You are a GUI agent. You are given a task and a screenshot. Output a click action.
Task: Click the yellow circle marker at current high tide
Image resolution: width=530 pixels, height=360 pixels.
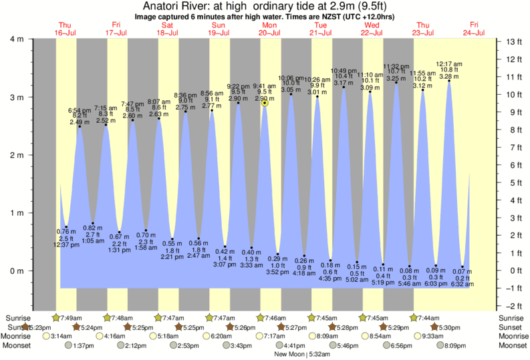[265, 103]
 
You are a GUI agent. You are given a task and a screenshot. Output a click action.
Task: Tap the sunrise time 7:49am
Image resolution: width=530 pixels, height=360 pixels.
[70, 317]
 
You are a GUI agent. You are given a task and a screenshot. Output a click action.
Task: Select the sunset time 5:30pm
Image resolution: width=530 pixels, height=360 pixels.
[447, 327]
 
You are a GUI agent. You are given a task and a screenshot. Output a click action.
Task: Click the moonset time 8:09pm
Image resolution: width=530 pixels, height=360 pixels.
[454, 346]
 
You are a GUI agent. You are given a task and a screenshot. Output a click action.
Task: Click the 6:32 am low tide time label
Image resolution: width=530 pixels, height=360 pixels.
[462, 285]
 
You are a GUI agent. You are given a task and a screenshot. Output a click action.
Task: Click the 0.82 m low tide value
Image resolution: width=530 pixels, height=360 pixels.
[92, 228]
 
